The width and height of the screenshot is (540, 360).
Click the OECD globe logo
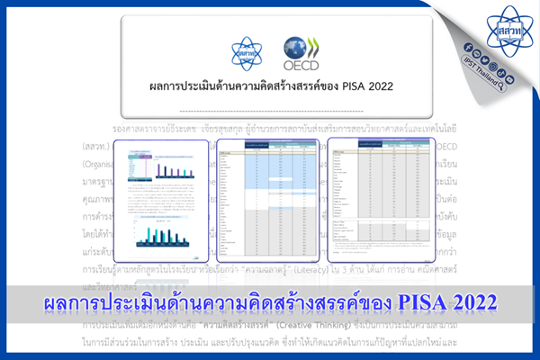(297, 46)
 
